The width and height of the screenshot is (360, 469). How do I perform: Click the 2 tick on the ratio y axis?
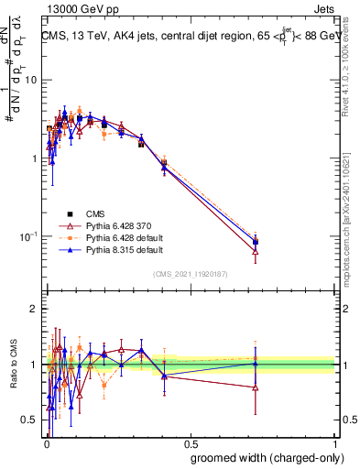36,309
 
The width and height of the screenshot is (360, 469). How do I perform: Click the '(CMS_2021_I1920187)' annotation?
191,273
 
